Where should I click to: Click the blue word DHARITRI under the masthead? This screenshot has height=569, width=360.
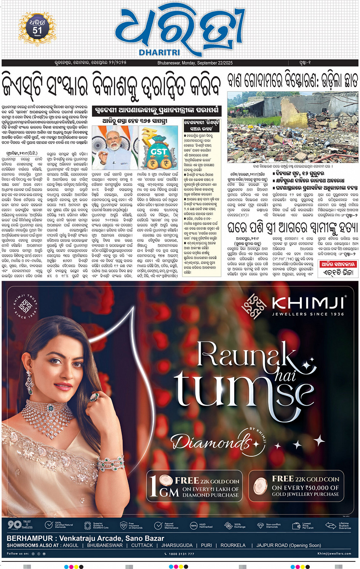coord(159,53)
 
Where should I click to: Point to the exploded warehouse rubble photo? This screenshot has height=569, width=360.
coord(293,128)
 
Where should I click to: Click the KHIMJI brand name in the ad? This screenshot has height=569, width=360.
coord(308,303)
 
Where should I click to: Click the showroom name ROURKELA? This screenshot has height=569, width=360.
coord(233,545)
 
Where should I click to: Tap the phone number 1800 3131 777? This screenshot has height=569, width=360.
coord(181,554)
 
